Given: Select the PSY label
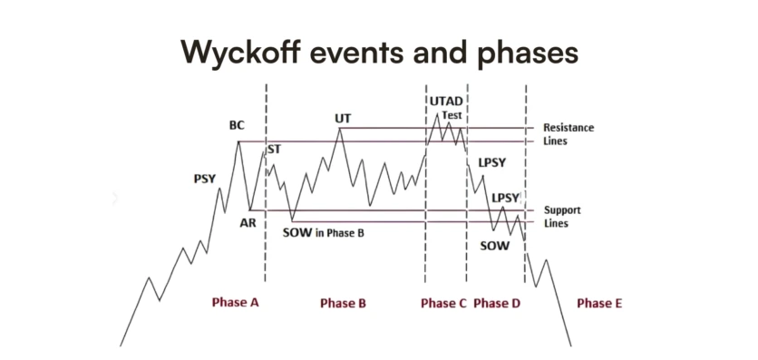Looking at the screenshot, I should pyautogui.click(x=205, y=179).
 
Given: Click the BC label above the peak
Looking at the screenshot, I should pyautogui.click(x=238, y=125).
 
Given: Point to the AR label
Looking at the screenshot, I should pyautogui.click(x=248, y=222).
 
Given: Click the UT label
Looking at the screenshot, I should pyautogui.click(x=342, y=118).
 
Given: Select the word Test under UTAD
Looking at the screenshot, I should pyautogui.click(x=452, y=116).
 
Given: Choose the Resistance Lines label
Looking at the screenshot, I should pyautogui.click(x=568, y=134).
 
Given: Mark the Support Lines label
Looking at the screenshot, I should pyautogui.click(x=561, y=216).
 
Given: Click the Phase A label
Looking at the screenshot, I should pyautogui.click(x=236, y=303).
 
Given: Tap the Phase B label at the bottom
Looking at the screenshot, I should pyautogui.click(x=343, y=304).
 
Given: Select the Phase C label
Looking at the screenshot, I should pyautogui.click(x=443, y=304).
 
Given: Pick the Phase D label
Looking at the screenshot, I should pyautogui.click(x=497, y=304).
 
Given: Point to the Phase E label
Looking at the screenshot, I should pyautogui.click(x=599, y=304).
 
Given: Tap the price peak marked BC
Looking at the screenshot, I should pyautogui.click(x=238, y=141).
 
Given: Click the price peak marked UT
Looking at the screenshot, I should pyautogui.click(x=341, y=129).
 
